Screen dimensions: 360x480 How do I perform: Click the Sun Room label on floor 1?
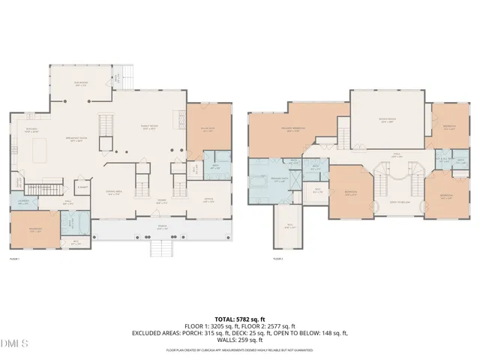point(79,85)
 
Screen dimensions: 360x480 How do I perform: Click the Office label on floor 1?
point(208,200)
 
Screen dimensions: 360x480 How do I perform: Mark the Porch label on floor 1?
point(161,227)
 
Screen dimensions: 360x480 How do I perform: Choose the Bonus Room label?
point(387,121)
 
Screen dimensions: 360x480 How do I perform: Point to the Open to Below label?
point(398,202)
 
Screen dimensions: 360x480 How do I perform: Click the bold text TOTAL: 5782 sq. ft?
point(240,319)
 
